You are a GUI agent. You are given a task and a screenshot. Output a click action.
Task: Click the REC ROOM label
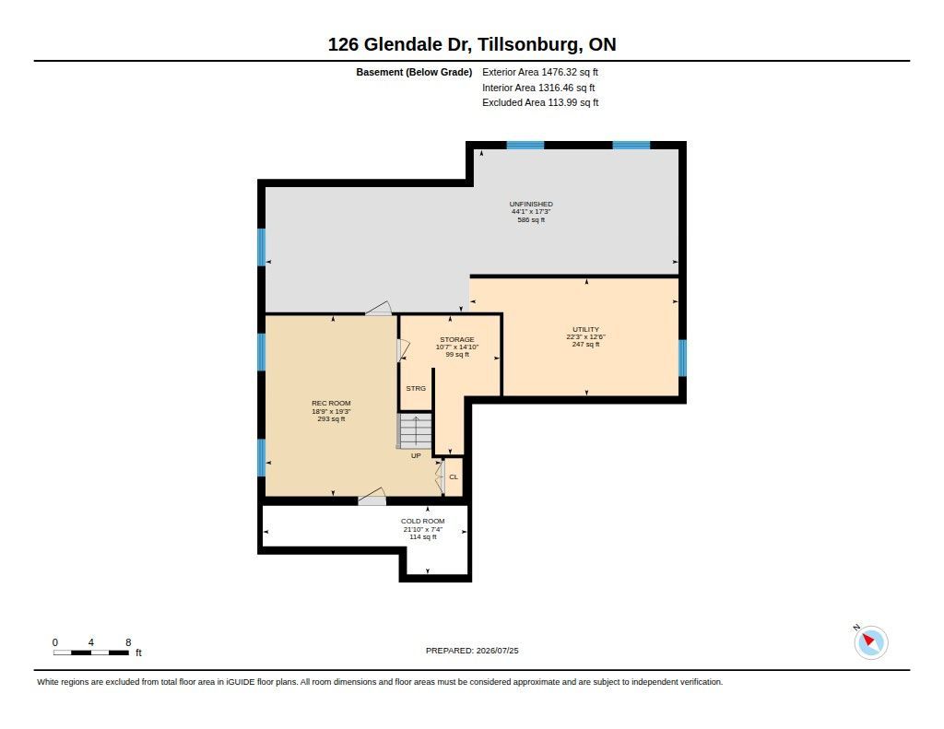point(331,404)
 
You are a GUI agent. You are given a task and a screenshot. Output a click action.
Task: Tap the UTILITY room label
point(585,329)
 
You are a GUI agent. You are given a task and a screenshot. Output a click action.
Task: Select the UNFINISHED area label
point(531,204)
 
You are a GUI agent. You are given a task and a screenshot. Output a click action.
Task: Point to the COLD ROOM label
point(422,522)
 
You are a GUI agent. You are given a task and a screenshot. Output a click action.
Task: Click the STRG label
point(416,388)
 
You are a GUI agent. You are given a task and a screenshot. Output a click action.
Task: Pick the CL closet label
point(454,476)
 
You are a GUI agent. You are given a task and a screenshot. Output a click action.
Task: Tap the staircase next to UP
point(415,430)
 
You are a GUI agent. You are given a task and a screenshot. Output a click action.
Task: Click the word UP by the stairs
point(416,455)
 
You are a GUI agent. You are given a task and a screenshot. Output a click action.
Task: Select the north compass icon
point(870,642)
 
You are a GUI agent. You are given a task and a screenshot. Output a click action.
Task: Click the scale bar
point(91,653)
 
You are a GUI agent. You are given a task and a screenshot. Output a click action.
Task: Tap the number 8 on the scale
point(128,642)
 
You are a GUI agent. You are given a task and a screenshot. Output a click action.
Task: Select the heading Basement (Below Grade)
point(414,72)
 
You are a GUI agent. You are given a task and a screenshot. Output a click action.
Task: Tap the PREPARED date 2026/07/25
point(497,651)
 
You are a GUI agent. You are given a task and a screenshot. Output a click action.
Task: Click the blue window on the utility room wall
point(683,359)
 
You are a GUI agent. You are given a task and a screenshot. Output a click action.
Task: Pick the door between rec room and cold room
point(372,498)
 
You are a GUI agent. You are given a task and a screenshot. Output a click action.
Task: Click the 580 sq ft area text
point(531,220)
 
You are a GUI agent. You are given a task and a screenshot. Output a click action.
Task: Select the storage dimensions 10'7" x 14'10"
point(457,347)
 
